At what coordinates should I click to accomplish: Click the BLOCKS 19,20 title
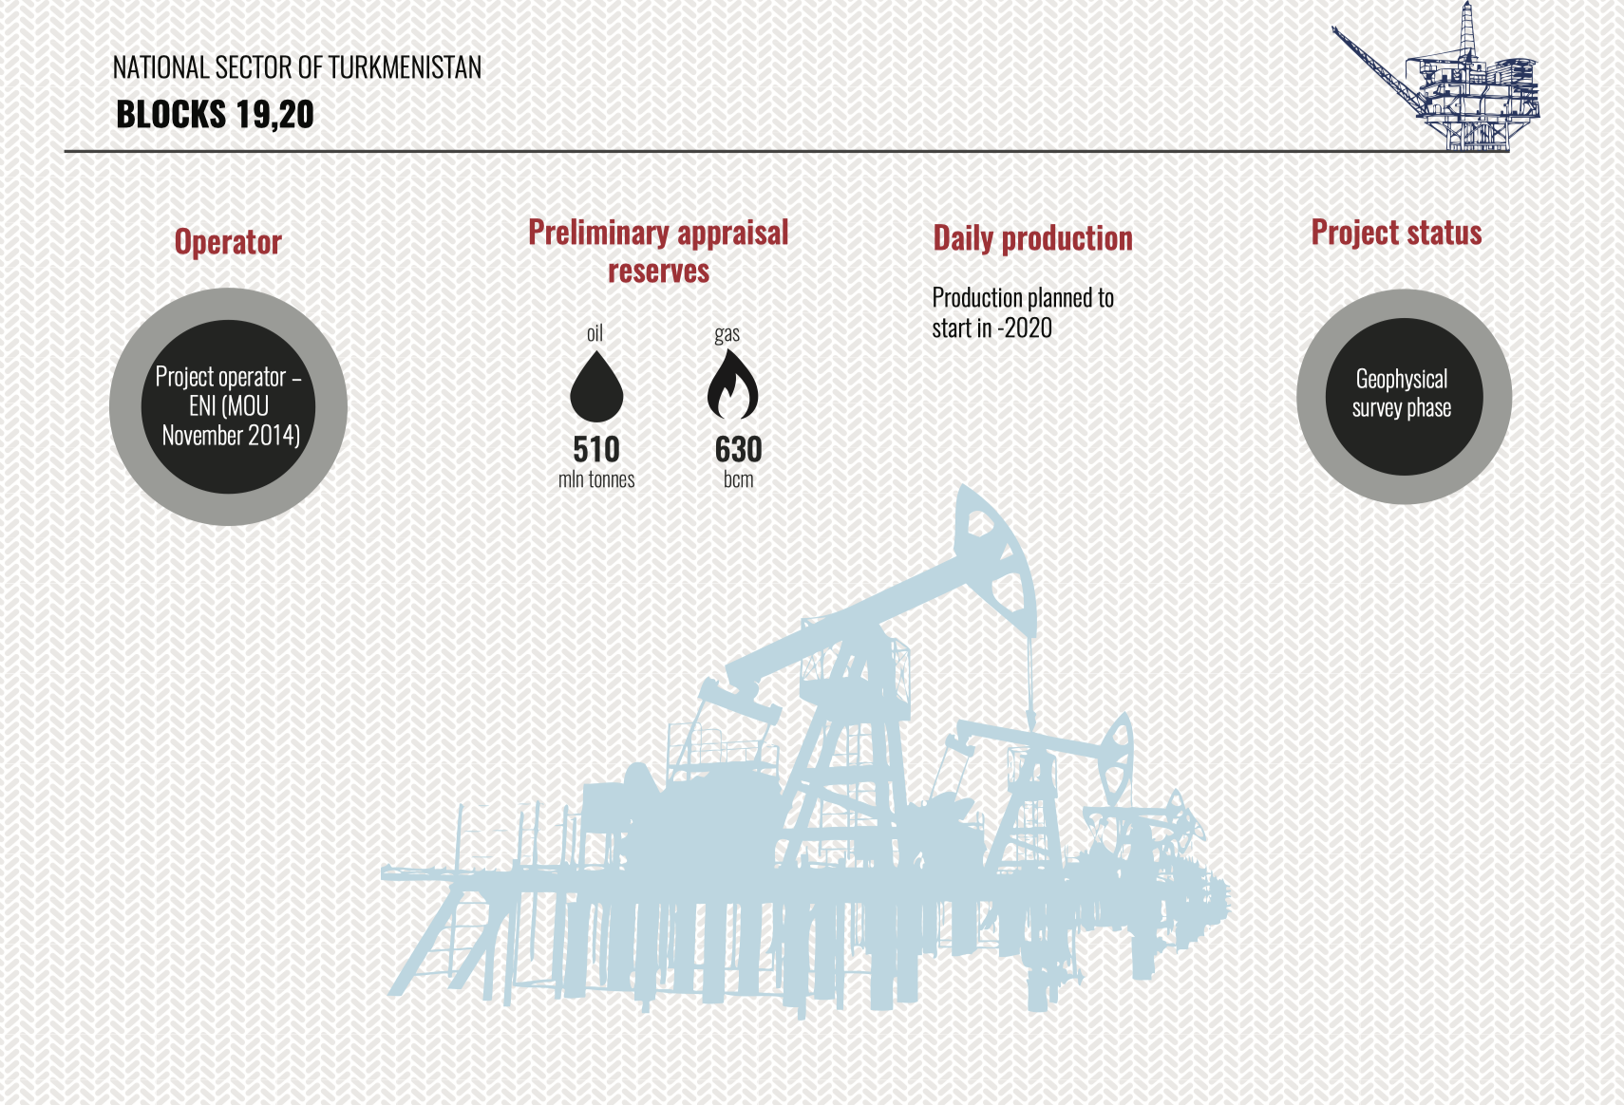(215, 115)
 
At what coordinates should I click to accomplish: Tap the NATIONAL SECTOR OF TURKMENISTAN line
(296, 67)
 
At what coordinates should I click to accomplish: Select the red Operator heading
(228, 242)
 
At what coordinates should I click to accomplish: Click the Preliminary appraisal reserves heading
(658, 252)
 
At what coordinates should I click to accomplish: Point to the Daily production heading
(1032, 238)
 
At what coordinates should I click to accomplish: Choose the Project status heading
(1396, 233)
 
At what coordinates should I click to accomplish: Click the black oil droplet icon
(596, 386)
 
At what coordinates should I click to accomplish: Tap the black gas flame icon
(733, 384)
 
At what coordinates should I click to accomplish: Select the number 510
(596, 449)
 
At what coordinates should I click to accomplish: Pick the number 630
(738, 449)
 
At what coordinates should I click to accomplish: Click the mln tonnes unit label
(596, 479)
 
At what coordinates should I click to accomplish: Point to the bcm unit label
(738, 479)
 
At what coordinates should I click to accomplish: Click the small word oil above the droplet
(595, 333)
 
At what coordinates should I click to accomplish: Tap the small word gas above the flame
(727, 334)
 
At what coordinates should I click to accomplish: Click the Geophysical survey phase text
(1402, 393)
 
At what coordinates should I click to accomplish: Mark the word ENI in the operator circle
(202, 406)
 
